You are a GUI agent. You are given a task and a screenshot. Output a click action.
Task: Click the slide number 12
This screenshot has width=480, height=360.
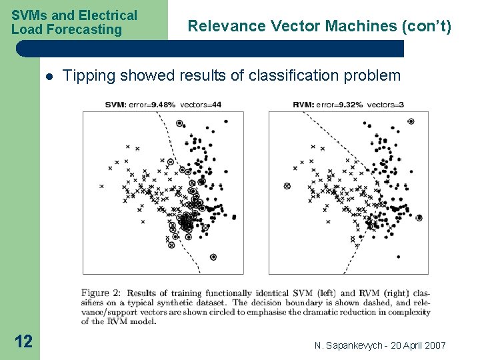23,341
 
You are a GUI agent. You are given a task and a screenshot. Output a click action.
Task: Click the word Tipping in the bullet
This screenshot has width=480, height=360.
87,76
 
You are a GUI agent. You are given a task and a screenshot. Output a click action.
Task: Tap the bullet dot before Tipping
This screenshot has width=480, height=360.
49,76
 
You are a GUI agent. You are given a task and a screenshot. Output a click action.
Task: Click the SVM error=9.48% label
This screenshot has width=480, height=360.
141,105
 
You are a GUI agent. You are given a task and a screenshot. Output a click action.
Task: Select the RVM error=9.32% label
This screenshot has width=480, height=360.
327,105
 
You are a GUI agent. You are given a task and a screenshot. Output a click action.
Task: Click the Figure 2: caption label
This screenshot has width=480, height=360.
101,293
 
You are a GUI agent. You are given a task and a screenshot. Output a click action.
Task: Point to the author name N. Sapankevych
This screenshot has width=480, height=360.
347,345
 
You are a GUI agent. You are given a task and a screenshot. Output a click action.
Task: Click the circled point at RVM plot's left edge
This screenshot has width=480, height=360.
287,186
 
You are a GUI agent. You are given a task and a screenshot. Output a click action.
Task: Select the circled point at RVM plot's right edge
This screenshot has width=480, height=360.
419,217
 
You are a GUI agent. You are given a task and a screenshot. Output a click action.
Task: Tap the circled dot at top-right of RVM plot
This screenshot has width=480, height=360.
411,121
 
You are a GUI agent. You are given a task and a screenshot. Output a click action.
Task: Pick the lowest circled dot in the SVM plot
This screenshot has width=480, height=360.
213,257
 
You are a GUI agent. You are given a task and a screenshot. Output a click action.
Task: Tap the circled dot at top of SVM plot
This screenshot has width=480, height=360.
179,123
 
